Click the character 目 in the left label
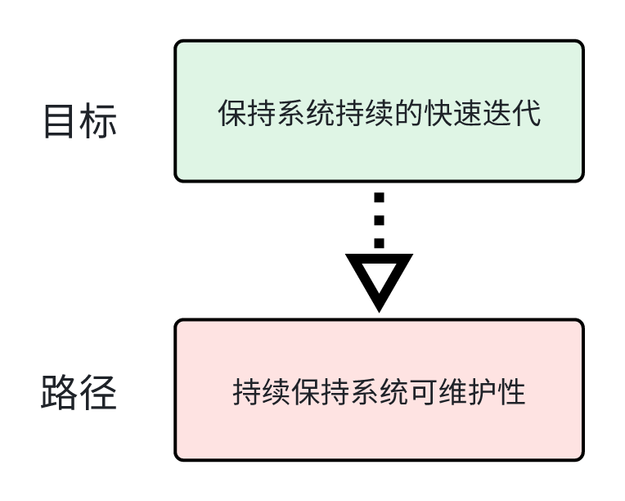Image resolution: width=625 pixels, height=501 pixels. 59,121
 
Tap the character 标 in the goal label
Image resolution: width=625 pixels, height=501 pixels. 98,121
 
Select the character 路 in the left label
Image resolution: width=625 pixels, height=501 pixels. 58,392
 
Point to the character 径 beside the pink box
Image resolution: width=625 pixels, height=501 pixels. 98,392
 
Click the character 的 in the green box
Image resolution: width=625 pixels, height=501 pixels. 409,113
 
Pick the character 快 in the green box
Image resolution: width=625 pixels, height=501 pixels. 438,113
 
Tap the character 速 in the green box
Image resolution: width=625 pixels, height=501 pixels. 468,113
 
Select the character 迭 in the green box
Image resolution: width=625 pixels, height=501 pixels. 497,113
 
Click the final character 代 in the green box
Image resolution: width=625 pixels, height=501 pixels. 527,113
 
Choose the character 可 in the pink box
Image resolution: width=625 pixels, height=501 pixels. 424,392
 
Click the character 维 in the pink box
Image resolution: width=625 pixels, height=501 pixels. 453,392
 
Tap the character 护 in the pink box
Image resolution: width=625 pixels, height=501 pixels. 483,392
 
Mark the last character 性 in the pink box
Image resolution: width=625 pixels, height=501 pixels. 512,392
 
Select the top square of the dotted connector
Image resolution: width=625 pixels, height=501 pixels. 379,197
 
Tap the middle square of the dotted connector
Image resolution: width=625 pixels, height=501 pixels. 379,220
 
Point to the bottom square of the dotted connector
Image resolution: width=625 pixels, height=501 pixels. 379,243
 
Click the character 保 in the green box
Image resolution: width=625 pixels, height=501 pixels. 232,113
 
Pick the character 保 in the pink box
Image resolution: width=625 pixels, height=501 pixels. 306,392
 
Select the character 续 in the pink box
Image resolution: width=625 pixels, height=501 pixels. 277,392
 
